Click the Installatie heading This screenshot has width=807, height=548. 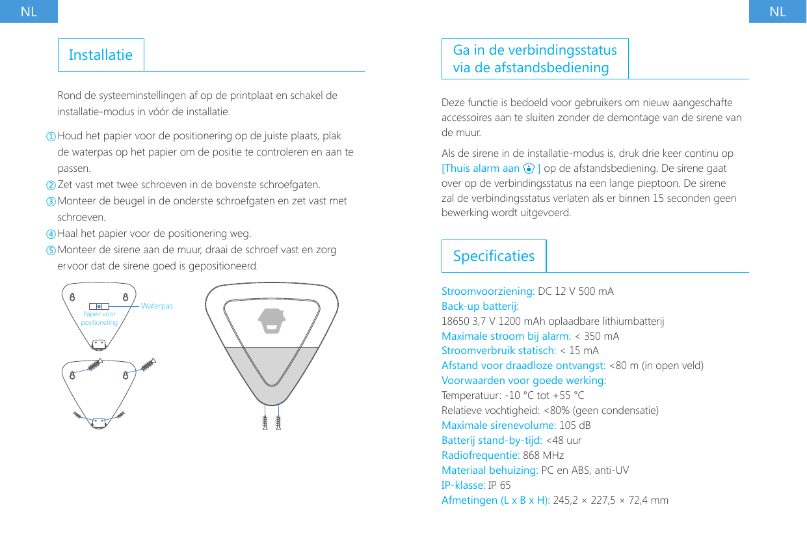(100, 55)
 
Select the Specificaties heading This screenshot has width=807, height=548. (494, 256)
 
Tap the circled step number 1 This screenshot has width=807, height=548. (51, 137)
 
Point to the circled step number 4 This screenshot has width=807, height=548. (51, 234)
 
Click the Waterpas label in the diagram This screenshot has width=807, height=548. (157, 305)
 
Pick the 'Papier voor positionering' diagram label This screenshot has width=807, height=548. (99, 318)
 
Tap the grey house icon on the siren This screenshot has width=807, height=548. (272, 320)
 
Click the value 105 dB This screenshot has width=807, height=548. (575, 426)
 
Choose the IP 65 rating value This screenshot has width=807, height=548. (499, 486)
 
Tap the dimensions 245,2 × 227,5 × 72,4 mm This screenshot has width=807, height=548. (610, 500)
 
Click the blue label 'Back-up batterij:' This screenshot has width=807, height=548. (480, 306)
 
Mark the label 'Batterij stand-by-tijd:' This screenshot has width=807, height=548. (492, 441)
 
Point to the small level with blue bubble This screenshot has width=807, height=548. (99, 306)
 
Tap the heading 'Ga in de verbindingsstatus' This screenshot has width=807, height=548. (535, 51)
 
